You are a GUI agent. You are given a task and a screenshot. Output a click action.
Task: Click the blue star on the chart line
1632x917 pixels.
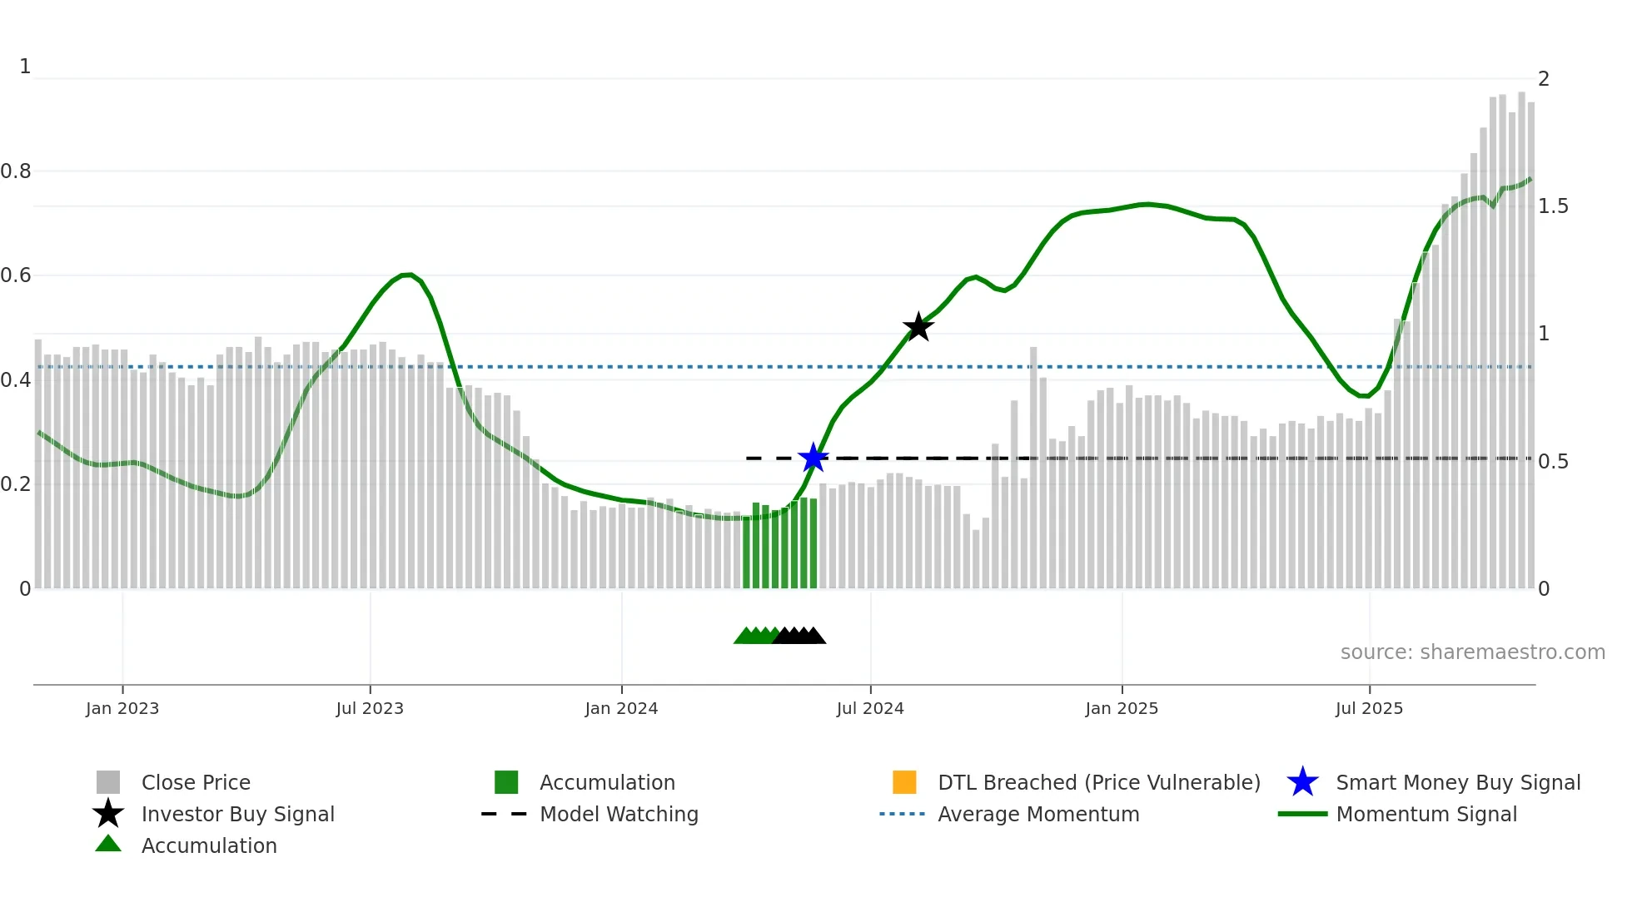(813, 458)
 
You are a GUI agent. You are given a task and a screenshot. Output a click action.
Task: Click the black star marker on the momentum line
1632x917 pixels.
(918, 327)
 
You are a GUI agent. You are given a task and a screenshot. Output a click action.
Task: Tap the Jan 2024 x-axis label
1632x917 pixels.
(621, 708)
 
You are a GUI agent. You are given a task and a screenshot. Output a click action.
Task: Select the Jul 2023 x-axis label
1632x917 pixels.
(370, 708)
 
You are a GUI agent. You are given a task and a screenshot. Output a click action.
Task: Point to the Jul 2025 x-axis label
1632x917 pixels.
(1369, 708)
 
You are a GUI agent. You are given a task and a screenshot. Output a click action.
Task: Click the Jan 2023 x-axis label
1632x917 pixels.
(122, 708)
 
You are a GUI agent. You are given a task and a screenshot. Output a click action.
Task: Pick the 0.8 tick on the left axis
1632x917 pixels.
(16, 171)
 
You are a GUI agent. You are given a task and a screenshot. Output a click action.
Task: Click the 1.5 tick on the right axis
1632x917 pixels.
(1553, 206)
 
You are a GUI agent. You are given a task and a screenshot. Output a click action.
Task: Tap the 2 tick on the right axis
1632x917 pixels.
(1544, 79)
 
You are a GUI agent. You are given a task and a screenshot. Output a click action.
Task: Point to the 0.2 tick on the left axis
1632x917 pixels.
(16, 484)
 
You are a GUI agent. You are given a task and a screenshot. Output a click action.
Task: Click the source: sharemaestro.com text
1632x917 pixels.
(1472, 652)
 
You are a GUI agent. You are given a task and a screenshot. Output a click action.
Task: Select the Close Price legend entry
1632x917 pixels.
(196, 782)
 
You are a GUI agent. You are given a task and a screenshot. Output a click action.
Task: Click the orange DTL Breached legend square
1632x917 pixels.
(904, 782)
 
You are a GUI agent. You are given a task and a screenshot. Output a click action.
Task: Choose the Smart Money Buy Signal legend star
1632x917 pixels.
(1302, 782)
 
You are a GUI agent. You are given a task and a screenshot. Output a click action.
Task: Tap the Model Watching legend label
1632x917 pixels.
(619, 814)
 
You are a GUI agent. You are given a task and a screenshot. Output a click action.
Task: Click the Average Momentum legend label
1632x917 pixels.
(1038, 814)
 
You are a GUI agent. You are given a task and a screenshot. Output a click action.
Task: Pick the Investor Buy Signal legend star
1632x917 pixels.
(108, 814)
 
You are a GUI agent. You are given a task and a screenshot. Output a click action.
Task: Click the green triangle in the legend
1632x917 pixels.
(108, 844)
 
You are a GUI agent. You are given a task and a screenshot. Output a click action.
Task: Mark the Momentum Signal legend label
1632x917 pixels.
(1426, 814)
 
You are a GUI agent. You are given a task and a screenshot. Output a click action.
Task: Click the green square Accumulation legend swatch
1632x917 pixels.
(506, 782)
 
